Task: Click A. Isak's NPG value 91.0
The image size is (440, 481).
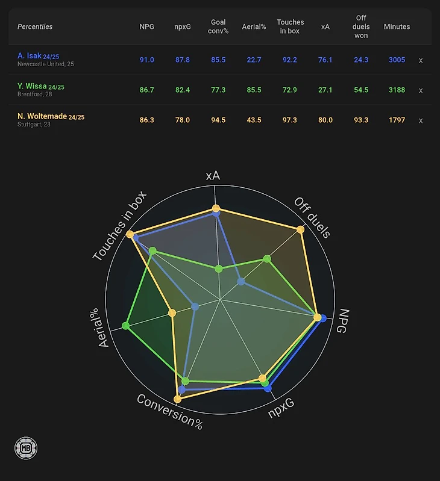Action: (x=147, y=60)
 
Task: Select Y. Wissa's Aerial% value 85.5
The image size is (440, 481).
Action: (x=254, y=90)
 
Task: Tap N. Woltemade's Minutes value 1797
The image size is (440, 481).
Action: (x=397, y=120)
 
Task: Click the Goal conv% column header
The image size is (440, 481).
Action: (x=218, y=26)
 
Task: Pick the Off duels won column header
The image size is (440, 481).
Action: (x=361, y=26)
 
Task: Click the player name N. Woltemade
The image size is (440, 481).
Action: (x=42, y=116)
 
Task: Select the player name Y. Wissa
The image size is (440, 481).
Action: (x=32, y=86)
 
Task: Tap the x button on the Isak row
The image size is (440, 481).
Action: (x=421, y=60)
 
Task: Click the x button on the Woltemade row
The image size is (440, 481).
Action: (x=421, y=120)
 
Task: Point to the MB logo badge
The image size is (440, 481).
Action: (x=26, y=448)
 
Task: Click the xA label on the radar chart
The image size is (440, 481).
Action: (x=213, y=176)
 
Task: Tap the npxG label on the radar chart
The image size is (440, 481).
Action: (x=281, y=408)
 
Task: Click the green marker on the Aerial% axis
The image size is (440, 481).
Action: (x=125, y=326)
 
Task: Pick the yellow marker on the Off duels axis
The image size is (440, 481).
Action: (x=301, y=229)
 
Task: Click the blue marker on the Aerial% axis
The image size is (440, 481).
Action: (x=195, y=306)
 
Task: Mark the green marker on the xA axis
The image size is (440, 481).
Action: (x=218, y=269)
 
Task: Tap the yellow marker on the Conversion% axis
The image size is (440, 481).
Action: (x=177, y=399)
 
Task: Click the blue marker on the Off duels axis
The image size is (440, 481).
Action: (x=241, y=281)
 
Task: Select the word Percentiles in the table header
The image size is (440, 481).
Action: (x=35, y=27)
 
